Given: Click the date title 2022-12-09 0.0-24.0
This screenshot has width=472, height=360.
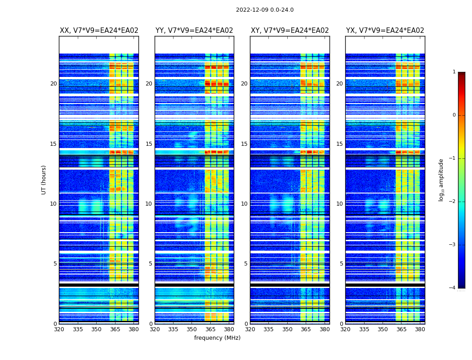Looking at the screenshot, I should pyautogui.click(x=264, y=10).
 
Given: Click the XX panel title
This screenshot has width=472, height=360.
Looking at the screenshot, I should pyautogui.click(x=99, y=31).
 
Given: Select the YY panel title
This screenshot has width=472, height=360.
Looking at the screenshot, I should pyautogui.click(x=194, y=31).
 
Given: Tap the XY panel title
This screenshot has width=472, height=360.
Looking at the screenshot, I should pyautogui.click(x=289, y=31).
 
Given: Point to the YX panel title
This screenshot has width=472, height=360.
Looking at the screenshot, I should pyautogui.click(x=385, y=31).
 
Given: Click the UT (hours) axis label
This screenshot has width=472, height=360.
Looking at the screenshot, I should pyautogui.click(x=44, y=180).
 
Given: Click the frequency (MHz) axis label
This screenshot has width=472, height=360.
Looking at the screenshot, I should pyautogui.click(x=217, y=338).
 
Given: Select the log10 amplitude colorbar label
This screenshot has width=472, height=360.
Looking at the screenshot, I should pyautogui.click(x=441, y=180).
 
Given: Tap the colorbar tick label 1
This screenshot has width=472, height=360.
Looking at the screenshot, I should pyautogui.click(x=454, y=72).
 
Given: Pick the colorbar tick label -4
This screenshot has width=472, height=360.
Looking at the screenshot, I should pyautogui.click(x=452, y=288).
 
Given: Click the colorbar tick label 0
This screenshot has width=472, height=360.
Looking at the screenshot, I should pyautogui.click(x=454, y=115).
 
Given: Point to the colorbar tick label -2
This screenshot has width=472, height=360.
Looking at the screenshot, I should pyautogui.click(x=452, y=202).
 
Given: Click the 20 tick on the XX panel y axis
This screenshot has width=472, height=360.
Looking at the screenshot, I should pyautogui.click(x=53, y=84).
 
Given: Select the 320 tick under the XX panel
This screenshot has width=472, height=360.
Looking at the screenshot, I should pyautogui.click(x=59, y=329).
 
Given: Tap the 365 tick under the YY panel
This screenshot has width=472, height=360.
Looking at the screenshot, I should pyautogui.click(x=210, y=329).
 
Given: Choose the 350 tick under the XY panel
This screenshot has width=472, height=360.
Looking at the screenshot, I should pyautogui.click(x=287, y=329).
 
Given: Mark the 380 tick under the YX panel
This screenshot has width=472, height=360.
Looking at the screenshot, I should pyautogui.click(x=420, y=329).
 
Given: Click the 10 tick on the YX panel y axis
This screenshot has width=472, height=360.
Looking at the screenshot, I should pyautogui.click(x=340, y=204).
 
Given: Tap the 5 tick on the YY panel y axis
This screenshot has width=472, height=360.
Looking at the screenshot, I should pyautogui.click(x=151, y=264).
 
